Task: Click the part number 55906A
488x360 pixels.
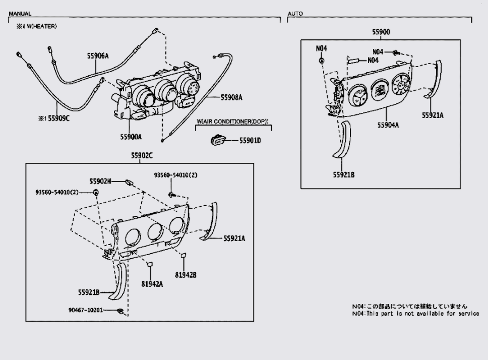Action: coord(98,56)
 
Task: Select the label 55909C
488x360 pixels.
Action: coord(59,118)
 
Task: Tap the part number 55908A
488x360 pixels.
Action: coord(231,97)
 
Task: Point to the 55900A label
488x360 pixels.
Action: coord(131,137)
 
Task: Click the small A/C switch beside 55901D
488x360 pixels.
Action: coord(218,141)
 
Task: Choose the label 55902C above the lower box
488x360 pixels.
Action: coord(142,156)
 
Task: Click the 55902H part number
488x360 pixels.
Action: coord(100,181)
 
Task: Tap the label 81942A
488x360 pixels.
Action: coord(152,284)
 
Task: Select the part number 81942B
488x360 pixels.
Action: coord(186,275)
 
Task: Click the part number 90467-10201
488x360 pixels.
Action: coord(86,310)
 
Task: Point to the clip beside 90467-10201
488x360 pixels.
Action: coord(120,311)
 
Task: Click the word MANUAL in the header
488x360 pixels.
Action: coord(20,14)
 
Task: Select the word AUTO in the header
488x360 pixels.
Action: coord(295,14)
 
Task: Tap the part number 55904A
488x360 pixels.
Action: coord(388,125)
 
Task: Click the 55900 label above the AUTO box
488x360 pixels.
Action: coord(381,32)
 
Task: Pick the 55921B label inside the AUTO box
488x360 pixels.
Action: coord(344,175)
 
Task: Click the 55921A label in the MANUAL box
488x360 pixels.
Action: coord(234,238)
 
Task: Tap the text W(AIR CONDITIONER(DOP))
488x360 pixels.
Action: coord(233,122)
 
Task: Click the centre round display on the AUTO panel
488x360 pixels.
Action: coord(380,90)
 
